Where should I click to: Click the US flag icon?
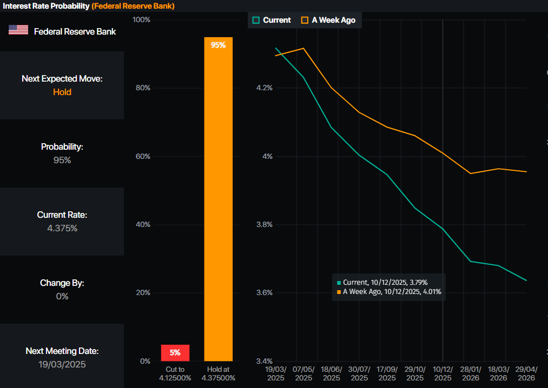(x=18, y=30)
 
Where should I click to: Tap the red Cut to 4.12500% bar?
(x=175, y=353)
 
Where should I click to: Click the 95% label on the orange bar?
(x=218, y=45)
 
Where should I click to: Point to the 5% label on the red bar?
(x=175, y=353)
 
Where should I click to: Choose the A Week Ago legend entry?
(x=328, y=20)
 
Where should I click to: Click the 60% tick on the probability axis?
(x=142, y=157)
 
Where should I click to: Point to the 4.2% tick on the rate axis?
(x=265, y=88)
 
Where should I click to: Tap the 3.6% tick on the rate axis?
(x=265, y=293)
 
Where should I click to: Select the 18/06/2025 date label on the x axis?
(x=331, y=374)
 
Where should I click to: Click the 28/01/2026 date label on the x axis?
(x=471, y=374)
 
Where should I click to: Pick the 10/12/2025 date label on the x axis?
(x=443, y=374)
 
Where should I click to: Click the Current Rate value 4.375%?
(x=62, y=228)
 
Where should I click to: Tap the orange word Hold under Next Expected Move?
(x=62, y=92)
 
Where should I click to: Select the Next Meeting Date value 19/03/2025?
(x=62, y=364)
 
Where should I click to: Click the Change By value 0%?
(x=62, y=296)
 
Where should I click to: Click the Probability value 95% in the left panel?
(x=62, y=160)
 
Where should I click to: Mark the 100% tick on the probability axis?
(x=141, y=20)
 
